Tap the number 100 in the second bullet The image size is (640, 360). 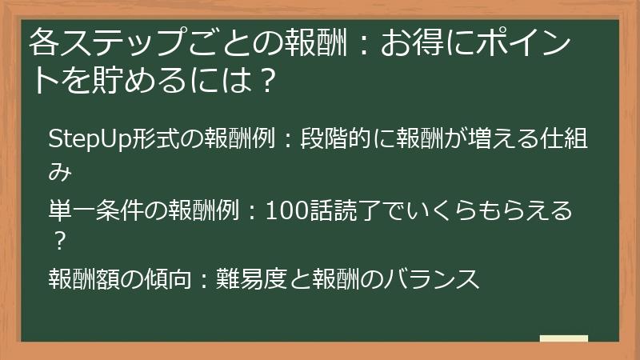coord(282,210)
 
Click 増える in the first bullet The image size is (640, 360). coord(519,139)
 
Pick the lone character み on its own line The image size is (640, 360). coord(59,172)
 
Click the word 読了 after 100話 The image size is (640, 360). coord(350,210)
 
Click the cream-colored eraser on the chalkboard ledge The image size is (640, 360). coord(564,338)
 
